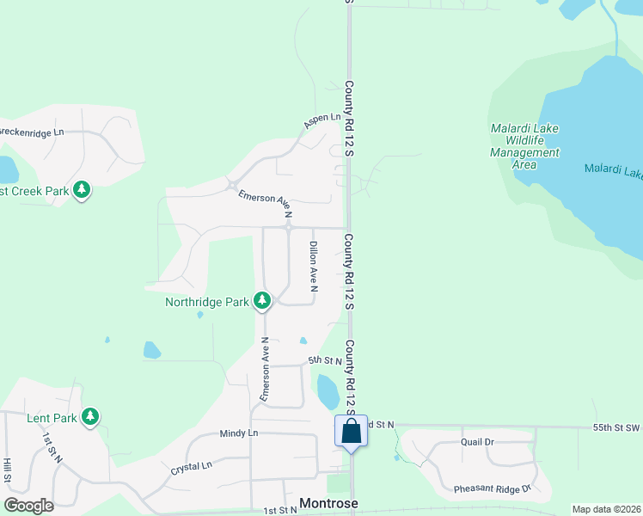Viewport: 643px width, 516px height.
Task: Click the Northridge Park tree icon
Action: pos(262,301)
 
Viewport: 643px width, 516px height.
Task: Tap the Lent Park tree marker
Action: pos(89,417)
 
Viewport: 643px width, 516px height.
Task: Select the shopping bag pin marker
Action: pos(351,431)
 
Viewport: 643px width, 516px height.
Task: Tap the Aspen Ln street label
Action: pos(322,120)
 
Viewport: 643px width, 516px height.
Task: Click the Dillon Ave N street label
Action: pos(314,267)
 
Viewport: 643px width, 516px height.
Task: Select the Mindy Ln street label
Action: pos(238,433)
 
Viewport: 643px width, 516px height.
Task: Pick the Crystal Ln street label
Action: pos(191,466)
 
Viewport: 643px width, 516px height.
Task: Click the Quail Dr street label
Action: pos(477,442)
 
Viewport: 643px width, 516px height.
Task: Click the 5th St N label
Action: pos(326,360)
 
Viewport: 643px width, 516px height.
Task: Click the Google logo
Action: pos(28,506)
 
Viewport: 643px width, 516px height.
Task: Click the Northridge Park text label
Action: pos(207,302)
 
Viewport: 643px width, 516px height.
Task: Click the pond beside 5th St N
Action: pos(328,391)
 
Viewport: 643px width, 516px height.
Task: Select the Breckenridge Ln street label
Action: pos(32,132)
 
